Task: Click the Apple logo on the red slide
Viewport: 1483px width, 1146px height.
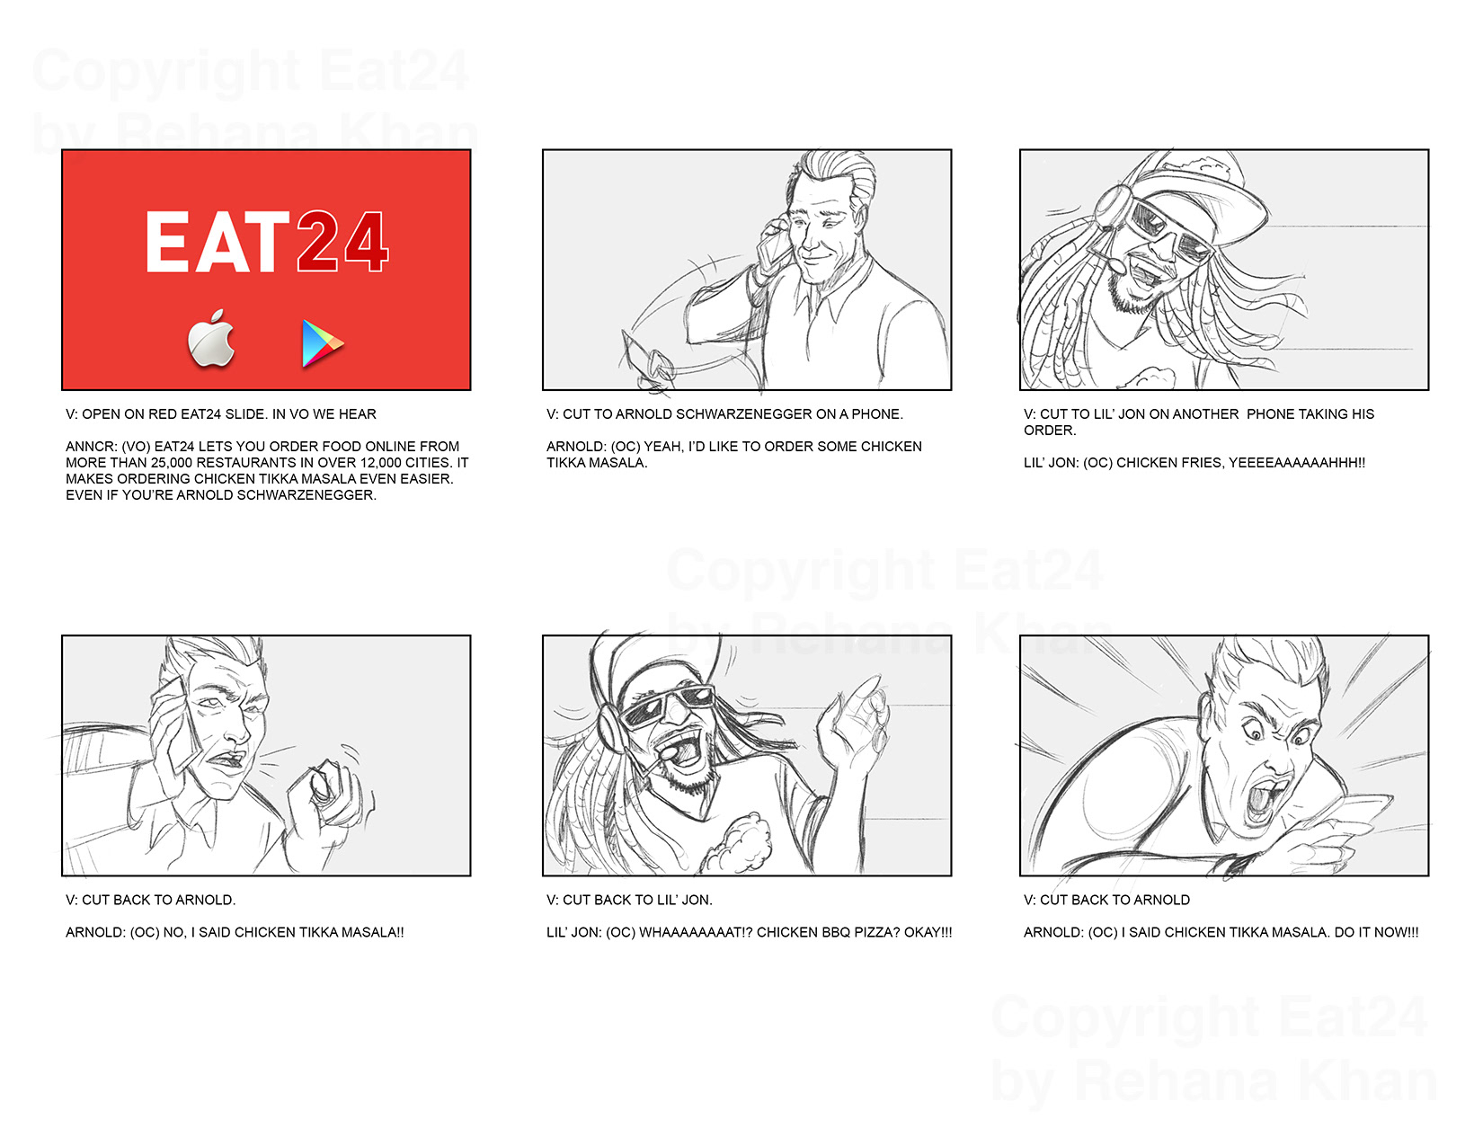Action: coord(211,339)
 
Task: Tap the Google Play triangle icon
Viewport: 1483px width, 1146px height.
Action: coord(322,342)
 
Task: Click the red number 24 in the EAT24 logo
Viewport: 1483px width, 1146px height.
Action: coord(342,242)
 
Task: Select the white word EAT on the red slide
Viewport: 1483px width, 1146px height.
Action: coord(217,242)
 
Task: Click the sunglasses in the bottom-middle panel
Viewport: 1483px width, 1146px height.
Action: coord(668,705)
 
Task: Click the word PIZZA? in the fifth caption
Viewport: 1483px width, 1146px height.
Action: coord(875,932)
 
